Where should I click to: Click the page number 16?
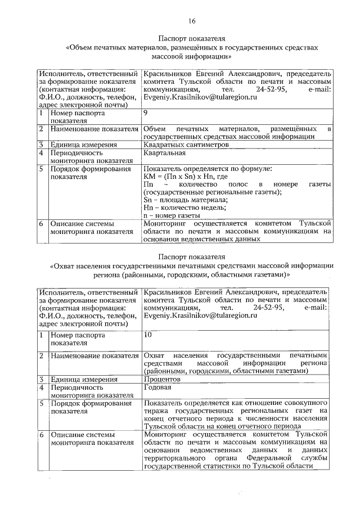pyautogui.click(x=191, y=21)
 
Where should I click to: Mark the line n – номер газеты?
pyautogui.click(x=172, y=215)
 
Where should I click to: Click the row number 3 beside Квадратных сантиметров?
pyautogui.click(x=42, y=145)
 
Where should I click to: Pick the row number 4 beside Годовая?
pyautogui.click(x=42, y=388)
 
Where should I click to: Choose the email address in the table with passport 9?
pyautogui.click(x=200, y=97)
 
